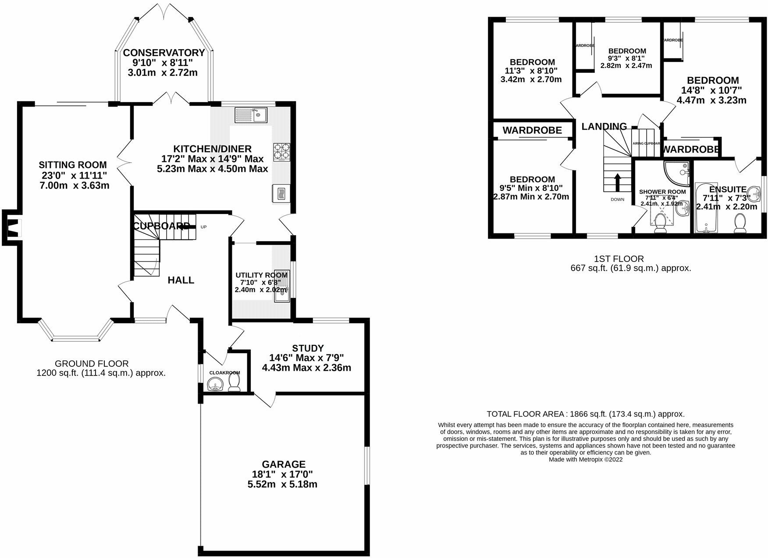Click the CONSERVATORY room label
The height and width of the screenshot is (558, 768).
164,53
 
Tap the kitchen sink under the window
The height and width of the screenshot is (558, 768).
251,115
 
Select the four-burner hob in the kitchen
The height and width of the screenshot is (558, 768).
281,151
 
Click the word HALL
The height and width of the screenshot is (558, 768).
181,280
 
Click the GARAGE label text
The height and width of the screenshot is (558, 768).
284,464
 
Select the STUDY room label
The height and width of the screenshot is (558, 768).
308,348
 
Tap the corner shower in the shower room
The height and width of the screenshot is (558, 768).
675,172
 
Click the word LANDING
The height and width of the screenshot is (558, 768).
604,127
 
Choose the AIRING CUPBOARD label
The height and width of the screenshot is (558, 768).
646,143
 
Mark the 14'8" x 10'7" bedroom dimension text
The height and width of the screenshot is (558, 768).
711,90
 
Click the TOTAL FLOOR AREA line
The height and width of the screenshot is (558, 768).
585,414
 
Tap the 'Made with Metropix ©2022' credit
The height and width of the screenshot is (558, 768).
585,459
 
